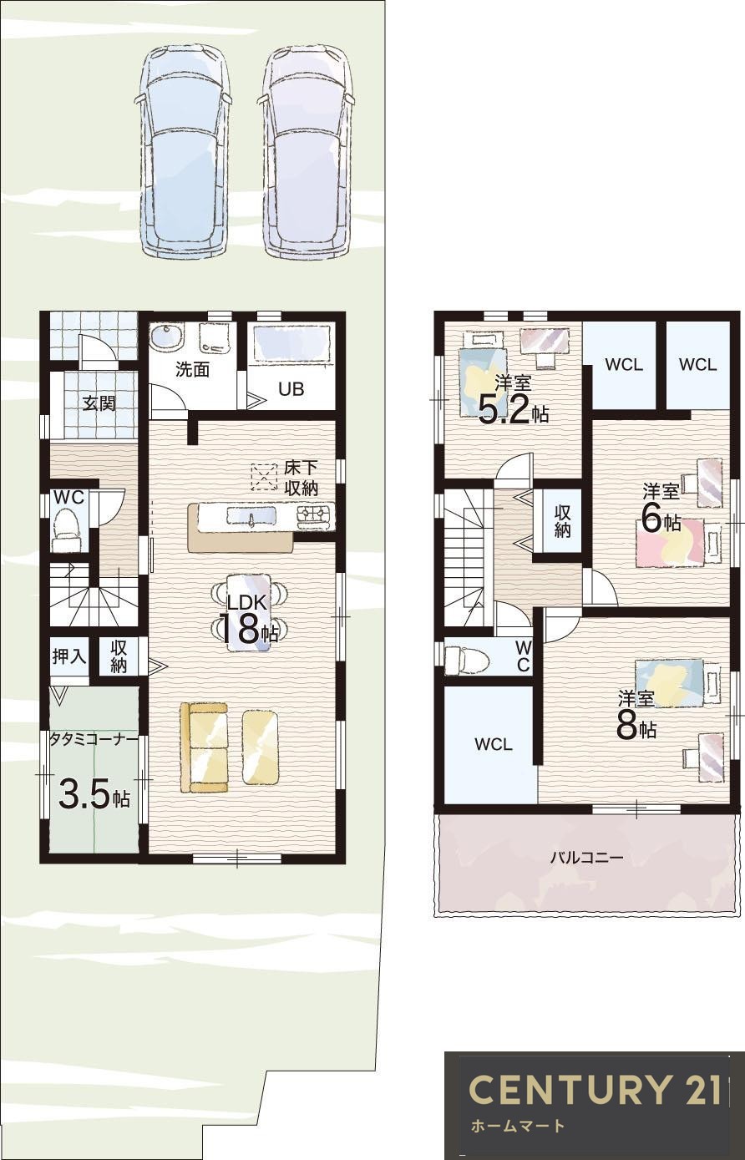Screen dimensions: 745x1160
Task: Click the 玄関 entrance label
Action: tap(99, 403)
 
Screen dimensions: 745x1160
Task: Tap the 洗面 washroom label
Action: tap(193, 370)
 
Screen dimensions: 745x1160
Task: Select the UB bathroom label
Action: tap(291, 389)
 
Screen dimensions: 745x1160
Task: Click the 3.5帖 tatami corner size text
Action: tap(94, 795)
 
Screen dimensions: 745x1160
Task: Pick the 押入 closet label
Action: tap(68, 656)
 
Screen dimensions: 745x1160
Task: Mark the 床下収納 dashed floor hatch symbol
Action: tap(264, 476)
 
